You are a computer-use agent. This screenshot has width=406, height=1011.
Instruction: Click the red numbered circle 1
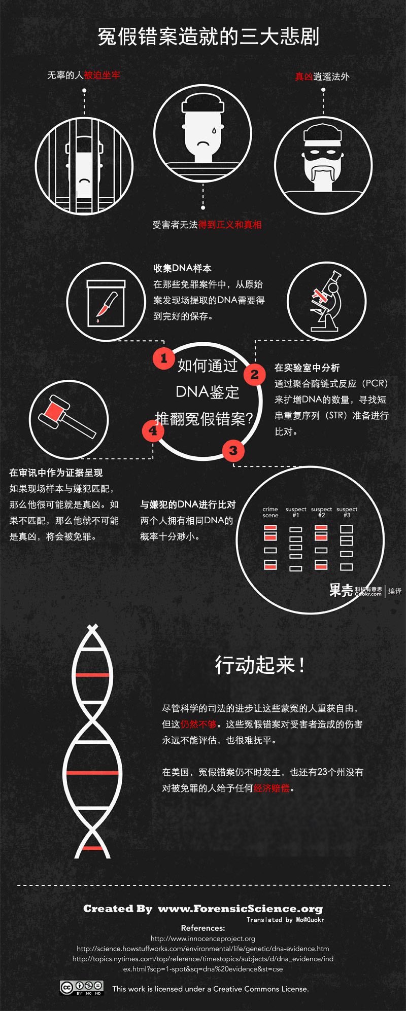(x=163, y=358)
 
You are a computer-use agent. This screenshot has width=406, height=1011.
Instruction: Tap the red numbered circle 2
(x=255, y=375)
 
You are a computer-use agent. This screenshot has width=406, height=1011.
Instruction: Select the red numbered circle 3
(x=233, y=450)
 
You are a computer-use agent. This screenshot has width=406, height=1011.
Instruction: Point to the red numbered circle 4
(x=153, y=431)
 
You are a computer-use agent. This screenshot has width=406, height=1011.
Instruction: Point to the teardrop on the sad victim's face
(x=214, y=131)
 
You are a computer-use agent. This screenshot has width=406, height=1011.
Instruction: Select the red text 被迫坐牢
(x=102, y=75)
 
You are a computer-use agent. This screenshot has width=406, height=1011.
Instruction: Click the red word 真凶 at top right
(x=304, y=77)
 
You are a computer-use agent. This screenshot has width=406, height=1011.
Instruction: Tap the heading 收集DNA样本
(x=183, y=268)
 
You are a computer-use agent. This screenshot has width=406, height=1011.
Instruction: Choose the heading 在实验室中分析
(x=307, y=368)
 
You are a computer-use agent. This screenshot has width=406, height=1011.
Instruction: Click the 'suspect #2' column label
(x=321, y=512)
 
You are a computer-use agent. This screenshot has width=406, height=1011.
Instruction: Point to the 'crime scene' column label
(x=270, y=512)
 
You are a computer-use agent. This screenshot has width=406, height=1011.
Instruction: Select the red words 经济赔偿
(x=272, y=788)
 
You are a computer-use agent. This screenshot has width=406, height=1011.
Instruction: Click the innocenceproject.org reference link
(x=203, y=938)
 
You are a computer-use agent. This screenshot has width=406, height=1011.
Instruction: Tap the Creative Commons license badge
(x=82, y=987)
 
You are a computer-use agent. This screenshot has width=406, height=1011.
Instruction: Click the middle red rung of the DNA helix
(x=92, y=773)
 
